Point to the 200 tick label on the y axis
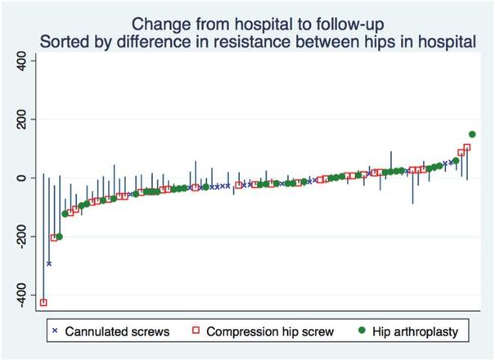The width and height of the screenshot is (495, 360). (23, 119)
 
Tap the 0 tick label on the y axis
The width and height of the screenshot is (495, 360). (23, 178)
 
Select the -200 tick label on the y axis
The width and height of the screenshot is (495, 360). (23, 236)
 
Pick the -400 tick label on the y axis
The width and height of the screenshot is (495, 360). (23, 295)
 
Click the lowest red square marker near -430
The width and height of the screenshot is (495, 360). (43, 303)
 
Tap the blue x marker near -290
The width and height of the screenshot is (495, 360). (49, 263)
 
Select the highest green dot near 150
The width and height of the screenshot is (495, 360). (472, 134)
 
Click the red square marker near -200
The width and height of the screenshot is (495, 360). (54, 238)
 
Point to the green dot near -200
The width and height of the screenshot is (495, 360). (59, 236)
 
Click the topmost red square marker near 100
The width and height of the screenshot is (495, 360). (467, 148)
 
